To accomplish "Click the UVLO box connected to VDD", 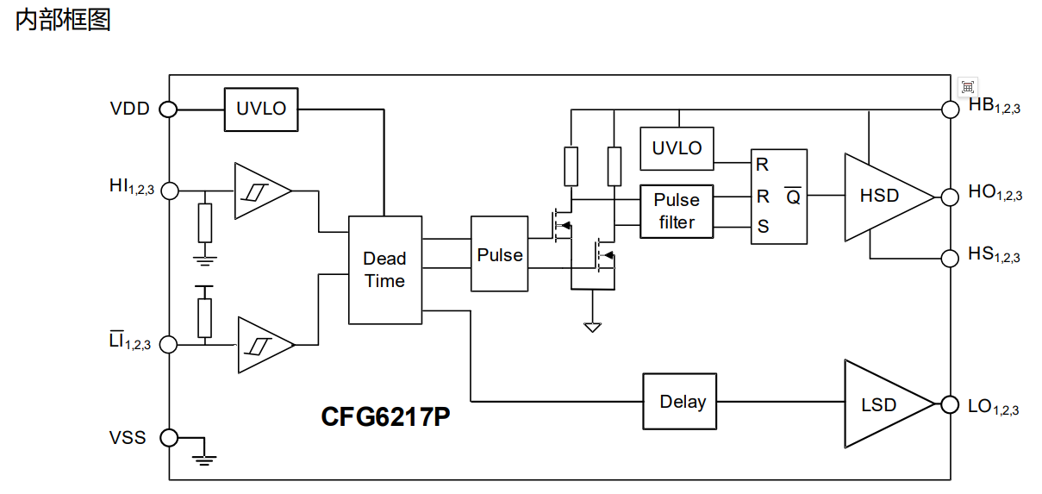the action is (x=261, y=109).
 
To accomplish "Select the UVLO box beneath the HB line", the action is (x=677, y=148).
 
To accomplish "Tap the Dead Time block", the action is (x=385, y=270).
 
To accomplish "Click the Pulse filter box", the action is (x=677, y=211).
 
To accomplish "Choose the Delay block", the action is (x=680, y=402).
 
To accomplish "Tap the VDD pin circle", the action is (x=168, y=109).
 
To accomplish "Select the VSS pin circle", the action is (x=169, y=438).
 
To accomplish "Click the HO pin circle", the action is (x=950, y=197).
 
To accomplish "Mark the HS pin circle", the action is (x=950, y=258).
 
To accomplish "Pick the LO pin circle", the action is (x=950, y=404).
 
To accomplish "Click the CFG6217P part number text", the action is (x=385, y=416).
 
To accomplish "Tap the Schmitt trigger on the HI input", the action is (x=263, y=191).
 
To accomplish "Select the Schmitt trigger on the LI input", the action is (x=265, y=345).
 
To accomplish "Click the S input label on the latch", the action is (x=763, y=227).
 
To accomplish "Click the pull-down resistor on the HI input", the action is (x=205, y=222).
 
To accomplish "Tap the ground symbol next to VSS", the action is (x=204, y=460).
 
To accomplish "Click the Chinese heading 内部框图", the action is (x=63, y=20).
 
